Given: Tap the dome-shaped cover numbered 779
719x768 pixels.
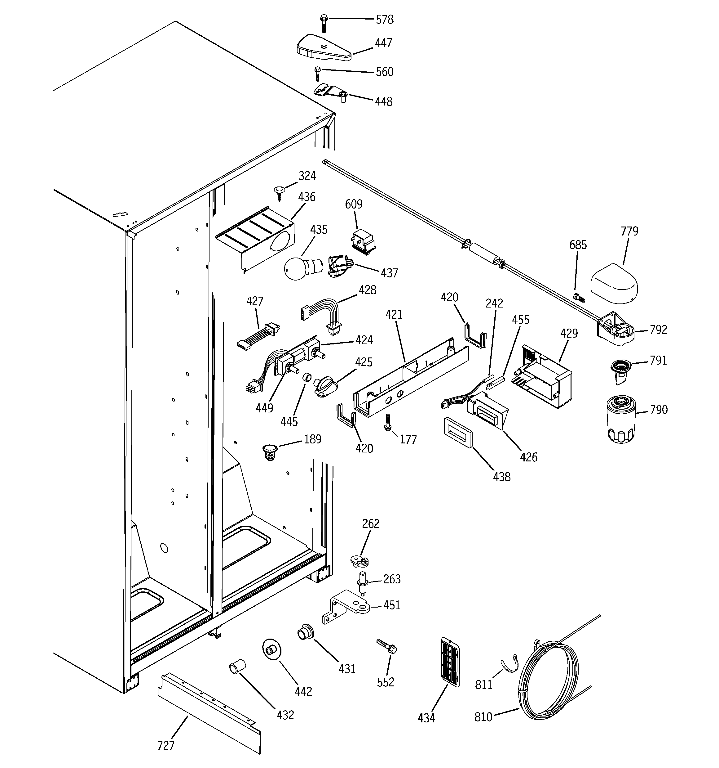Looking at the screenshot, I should click(615, 285).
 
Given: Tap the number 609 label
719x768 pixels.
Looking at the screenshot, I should click(354, 204).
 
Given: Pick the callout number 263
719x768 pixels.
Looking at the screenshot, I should click(392, 579).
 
